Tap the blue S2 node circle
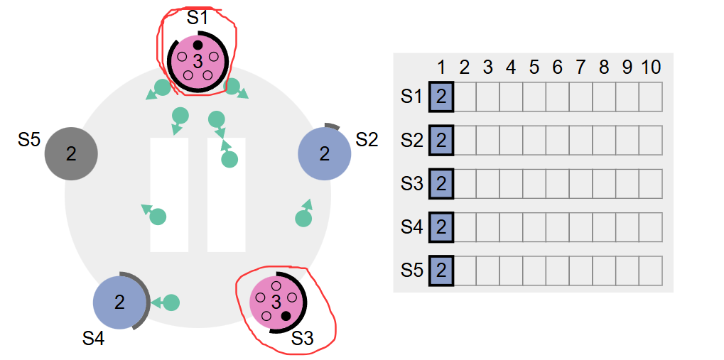[325, 153]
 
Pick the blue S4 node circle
[119, 302]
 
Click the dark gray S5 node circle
[71, 153]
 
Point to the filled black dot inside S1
[198, 45]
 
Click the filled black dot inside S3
[286, 315]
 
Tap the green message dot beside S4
[171, 302]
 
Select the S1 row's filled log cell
[441, 97]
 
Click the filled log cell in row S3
[441, 183]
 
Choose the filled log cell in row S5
[441, 270]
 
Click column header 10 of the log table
[651, 67]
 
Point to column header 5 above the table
[534, 67]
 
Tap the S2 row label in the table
[411, 140]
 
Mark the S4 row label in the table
[411, 227]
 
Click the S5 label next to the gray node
[29, 140]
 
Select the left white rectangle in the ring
[169, 195]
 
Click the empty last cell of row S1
[651, 97]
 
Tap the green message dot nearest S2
[303, 218]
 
